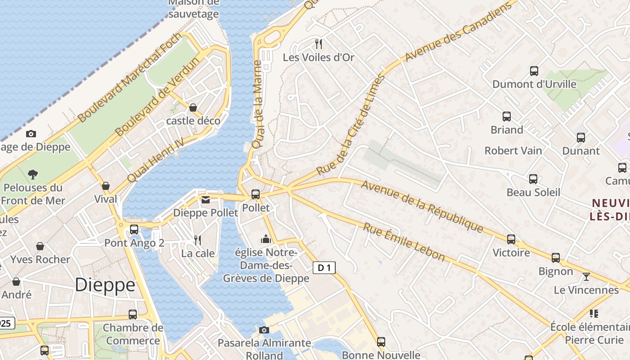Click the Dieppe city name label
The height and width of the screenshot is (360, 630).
click(x=105, y=285)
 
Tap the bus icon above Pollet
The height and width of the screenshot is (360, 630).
click(x=255, y=194)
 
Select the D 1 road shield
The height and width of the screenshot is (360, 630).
click(x=324, y=268)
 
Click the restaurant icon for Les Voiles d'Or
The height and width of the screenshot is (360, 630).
click(x=319, y=44)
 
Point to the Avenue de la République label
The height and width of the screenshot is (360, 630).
click(x=422, y=207)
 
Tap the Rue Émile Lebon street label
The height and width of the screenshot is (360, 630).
click(x=404, y=243)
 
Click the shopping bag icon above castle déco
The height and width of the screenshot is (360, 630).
click(x=193, y=108)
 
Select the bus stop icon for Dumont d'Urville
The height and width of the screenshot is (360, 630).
click(x=534, y=71)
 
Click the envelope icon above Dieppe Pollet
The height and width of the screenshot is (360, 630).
click(x=206, y=199)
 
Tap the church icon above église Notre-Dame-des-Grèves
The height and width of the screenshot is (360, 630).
click(x=266, y=238)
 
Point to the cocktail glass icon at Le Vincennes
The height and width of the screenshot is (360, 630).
click(x=586, y=276)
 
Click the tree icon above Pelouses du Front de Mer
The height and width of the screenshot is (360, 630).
click(x=32, y=174)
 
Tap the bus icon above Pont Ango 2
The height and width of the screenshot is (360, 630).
click(x=134, y=229)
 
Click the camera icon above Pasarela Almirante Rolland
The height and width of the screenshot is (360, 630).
click(x=264, y=330)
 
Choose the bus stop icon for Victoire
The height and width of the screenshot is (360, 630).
click(x=511, y=239)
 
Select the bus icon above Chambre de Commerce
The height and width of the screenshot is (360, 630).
click(x=133, y=314)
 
